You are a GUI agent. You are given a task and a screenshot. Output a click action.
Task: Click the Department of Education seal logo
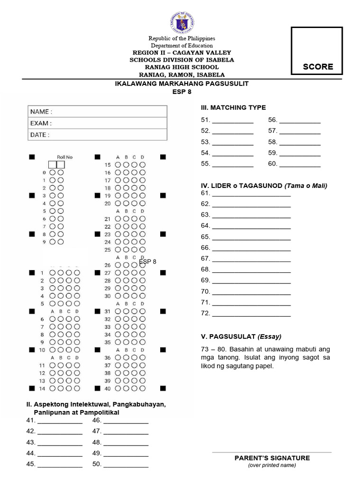pos(182,22)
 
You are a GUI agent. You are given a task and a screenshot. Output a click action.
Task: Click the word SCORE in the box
pos(318,67)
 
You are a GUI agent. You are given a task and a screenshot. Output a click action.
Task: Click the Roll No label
pos(64,157)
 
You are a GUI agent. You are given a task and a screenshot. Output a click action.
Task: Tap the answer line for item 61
pos(251,194)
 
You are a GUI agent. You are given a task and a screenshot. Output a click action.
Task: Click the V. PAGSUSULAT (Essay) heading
pos(241,336)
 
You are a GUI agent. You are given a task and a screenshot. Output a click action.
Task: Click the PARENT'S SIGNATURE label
pos(272,458)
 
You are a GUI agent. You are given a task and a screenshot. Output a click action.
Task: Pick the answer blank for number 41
pos(60,421)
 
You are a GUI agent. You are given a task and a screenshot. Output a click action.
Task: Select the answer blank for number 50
pos(126,465)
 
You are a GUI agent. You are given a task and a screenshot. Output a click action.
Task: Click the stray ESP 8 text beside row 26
pos(147,262)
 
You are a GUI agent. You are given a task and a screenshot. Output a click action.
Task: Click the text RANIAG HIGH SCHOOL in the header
pos(182,67)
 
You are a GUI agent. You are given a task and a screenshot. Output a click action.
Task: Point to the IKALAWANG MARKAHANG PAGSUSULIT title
pos(182,84)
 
